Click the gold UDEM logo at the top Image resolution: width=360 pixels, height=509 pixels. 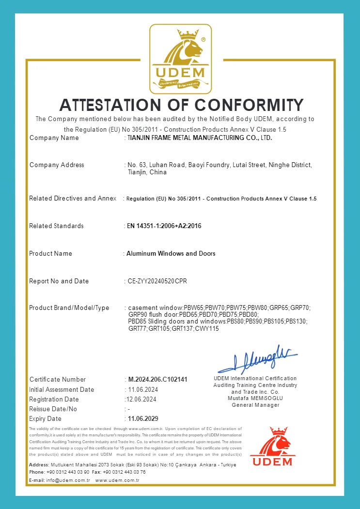coord(180,60)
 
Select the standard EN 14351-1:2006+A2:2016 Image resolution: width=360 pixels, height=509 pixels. coord(164,226)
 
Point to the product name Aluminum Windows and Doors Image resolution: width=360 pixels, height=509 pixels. coord(171,254)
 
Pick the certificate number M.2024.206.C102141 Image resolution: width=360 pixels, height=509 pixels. coord(157,380)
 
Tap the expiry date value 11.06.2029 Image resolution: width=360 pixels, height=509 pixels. coord(143,419)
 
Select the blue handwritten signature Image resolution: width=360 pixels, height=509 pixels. coord(257,357)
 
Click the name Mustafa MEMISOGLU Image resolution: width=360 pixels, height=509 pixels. coord(255,398)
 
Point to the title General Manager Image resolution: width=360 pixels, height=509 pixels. coord(255,405)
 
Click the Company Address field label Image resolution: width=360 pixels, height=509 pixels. coord(57,165)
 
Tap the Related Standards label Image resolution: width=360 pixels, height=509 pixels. coord(56,226)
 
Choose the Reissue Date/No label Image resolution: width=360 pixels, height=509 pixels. coord(53,409)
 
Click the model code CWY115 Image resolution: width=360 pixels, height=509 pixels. coord(207,329)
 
